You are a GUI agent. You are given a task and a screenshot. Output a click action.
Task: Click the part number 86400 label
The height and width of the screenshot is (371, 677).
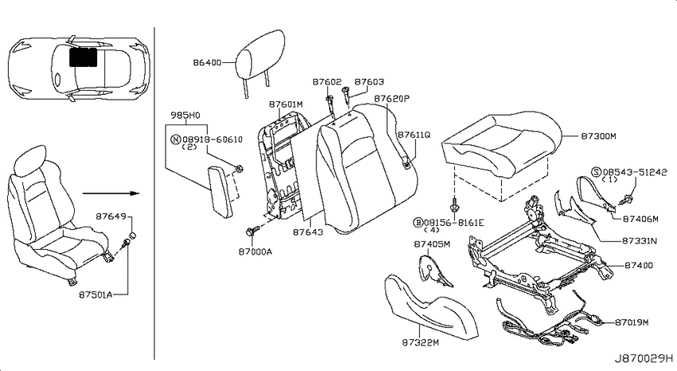tap(207, 63)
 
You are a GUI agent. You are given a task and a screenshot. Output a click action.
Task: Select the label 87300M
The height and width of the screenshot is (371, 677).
tap(598, 136)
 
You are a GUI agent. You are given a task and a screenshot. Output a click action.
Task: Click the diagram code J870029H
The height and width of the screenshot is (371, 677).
tap(644, 358)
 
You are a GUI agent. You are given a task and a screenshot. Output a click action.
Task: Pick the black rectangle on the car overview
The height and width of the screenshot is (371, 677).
tap(83, 57)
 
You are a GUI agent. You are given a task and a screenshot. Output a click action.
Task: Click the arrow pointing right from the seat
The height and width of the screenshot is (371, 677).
tap(111, 193)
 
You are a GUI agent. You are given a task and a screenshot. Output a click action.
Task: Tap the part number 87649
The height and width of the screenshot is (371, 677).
tap(111, 216)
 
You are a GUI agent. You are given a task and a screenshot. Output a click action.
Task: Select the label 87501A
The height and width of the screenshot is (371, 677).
tap(96, 295)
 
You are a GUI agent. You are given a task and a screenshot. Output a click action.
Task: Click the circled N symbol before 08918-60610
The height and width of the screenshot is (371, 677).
tap(175, 140)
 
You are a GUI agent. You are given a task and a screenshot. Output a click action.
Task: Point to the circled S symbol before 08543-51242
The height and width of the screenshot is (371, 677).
tap(597, 172)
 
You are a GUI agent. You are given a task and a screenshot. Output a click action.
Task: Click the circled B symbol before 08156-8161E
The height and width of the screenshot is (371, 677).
tap(418, 223)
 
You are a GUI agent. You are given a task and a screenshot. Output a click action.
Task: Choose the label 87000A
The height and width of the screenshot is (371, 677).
tap(255, 251)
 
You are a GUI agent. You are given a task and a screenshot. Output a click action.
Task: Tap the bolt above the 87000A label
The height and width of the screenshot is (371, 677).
tap(252, 231)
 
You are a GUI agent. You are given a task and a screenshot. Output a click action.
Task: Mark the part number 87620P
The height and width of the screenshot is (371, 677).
tap(392, 99)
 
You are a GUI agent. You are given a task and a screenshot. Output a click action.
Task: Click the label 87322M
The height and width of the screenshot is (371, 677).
tap(421, 342)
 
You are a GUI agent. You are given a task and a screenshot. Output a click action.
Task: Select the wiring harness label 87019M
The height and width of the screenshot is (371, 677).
tap(632, 322)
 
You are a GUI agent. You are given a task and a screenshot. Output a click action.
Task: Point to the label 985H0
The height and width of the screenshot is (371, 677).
tap(186, 116)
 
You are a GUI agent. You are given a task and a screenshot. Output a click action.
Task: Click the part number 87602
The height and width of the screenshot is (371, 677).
tap(327, 81)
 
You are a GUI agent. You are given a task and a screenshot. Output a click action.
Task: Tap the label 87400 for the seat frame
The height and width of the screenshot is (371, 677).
tap(639, 265)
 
